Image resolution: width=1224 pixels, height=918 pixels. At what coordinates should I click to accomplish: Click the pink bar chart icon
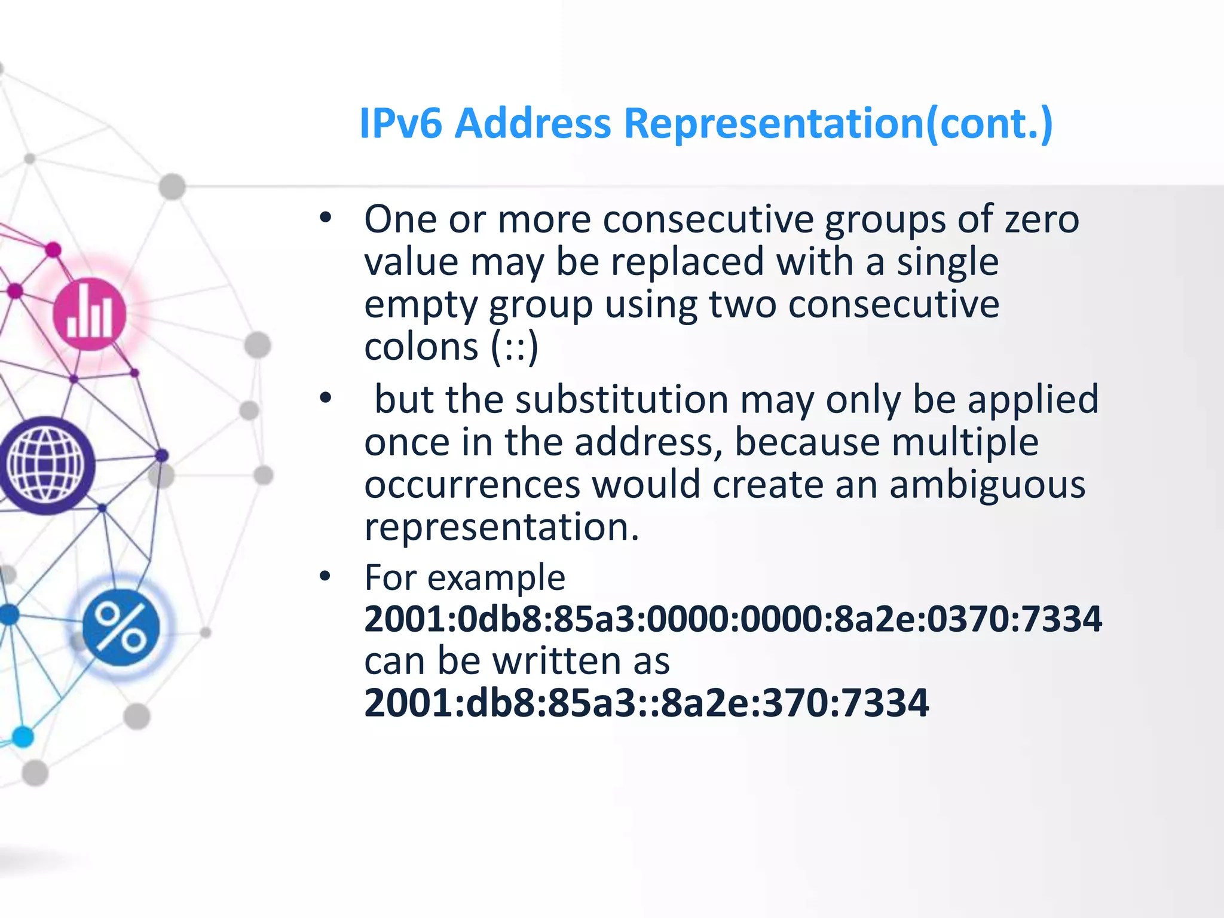pyautogui.click(x=90, y=314)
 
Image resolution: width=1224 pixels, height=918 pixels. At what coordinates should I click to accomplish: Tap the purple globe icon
pyautogui.click(x=46, y=466)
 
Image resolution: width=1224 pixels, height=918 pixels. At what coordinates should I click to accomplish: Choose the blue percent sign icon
pyautogui.click(x=121, y=627)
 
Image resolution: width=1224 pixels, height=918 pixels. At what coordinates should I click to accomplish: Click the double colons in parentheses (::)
pyautogui.click(x=515, y=347)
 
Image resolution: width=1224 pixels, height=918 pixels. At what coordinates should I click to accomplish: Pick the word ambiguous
pyautogui.click(x=987, y=484)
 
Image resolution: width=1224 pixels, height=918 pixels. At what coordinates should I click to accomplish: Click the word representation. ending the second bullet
pyautogui.click(x=502, y=527)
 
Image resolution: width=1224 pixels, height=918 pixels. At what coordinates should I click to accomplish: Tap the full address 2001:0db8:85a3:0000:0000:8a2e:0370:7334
pyautogui.click(x=733, y=619)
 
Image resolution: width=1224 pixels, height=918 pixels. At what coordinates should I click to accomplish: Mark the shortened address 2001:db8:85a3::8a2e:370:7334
pyautogui.click(x=647, y=703)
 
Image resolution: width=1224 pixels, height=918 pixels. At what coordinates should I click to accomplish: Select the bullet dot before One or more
pyautogui.click(x=325, y=218)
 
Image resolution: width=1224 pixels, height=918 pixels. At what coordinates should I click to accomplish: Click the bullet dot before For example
pyautogui.click(x=325, y=576)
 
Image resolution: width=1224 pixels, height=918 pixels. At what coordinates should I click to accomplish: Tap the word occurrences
pyautogui.click(x=472, y=484)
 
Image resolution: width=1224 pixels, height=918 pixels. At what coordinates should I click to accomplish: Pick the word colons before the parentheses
pyautogui.click(x=421, y=347)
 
